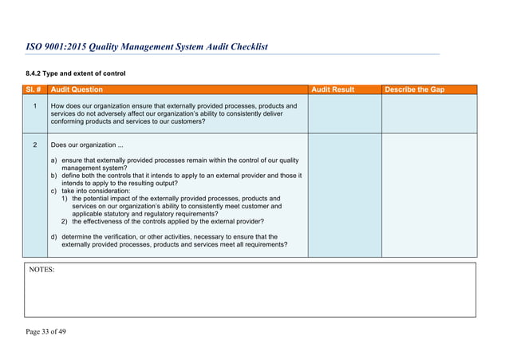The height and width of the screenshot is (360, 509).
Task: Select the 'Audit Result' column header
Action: coord(333,90)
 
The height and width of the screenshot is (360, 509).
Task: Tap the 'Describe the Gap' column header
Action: coord(415,90)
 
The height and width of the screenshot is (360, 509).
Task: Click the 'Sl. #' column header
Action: coord(35,90)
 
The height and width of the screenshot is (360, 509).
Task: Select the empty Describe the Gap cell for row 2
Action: coord(428,196)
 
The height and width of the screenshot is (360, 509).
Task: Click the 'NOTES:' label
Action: coord(42,271)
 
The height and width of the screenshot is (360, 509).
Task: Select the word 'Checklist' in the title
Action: coord(244,46)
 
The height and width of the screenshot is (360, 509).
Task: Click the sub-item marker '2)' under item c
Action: coord(65,221)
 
